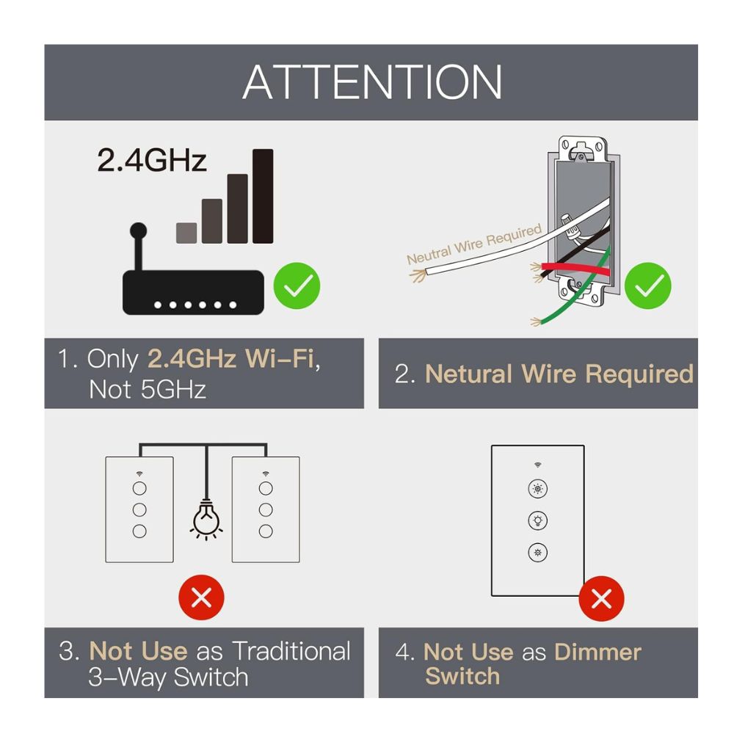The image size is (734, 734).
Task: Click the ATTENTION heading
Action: coord(372,82)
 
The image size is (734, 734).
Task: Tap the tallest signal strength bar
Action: coord(263,196)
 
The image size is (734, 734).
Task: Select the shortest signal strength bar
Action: coord(186,233)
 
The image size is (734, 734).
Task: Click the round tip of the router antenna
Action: coord(138,230)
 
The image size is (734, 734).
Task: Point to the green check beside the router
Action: coord(297,286)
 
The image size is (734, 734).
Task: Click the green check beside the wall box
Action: coord(648,286)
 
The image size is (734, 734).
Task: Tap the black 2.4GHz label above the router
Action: coord(152,160)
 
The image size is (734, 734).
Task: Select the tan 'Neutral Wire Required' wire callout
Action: coord(473,244)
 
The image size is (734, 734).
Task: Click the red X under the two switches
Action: coord(201,597)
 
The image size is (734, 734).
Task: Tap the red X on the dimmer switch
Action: coord(602,598)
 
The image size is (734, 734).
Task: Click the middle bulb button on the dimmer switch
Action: coord(537,520)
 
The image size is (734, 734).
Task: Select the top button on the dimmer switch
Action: coord(537,489)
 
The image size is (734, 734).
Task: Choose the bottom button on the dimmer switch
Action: coord(537,553)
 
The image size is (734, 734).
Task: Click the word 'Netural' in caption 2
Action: coord(468,374)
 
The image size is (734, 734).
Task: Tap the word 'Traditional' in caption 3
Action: coord(291,651)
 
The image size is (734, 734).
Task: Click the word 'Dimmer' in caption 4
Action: coord(597,652)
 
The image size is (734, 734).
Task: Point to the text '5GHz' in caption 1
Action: coord(174,390)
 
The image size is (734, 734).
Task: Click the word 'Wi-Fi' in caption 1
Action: coord(280,359)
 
